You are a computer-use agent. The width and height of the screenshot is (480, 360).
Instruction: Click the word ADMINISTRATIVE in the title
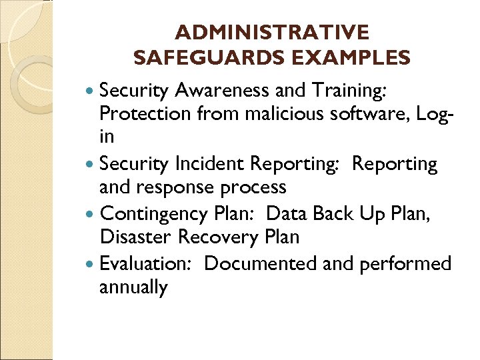(271, 33)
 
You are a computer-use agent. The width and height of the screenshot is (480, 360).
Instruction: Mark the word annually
(133, 288)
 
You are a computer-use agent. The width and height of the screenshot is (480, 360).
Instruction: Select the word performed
(405, 264)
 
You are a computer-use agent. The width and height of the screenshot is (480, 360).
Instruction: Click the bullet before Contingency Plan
(91, 214)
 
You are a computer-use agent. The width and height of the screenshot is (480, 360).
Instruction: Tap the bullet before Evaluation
(91, 265)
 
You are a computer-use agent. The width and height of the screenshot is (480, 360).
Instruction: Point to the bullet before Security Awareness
(91, 91)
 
